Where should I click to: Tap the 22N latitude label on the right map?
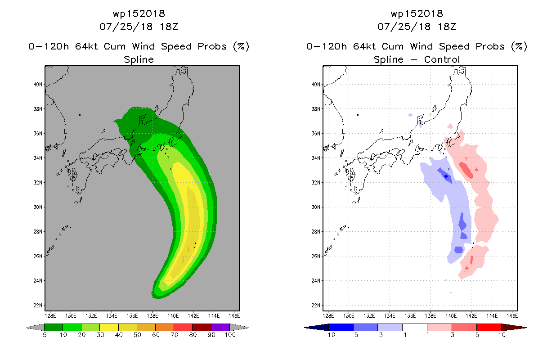point(316,306)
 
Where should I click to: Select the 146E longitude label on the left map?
point(234,316)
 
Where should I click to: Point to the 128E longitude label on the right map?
point(328,316)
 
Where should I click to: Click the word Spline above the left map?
point(139,60)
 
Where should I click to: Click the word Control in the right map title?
point(442,59)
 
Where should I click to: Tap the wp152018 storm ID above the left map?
point(139,14)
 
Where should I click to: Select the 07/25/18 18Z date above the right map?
point(417,27)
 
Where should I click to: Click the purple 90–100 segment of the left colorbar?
point(220,327)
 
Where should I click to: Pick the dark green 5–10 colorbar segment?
point(54,327)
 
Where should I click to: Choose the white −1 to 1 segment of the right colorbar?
point(414,327)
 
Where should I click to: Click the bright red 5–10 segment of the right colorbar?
point(489,327)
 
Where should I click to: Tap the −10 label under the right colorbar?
point(329,335)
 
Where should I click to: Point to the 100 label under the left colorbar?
point(230,335)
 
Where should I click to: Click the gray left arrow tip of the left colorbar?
point(27,328)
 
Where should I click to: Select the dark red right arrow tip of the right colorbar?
point(526,328)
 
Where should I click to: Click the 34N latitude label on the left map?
point(38,158)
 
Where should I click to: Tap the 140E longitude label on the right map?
point(451,316)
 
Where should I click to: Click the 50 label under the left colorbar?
point(137,335)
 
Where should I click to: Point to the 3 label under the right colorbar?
point(452,335)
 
